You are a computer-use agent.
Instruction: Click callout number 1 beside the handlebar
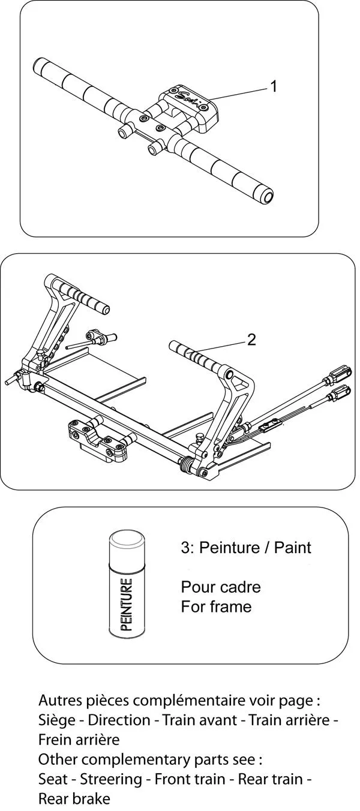(x=274, y=87)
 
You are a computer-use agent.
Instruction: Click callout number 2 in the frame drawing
(x=251, y=340)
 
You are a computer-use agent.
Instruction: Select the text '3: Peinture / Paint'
(x=246, y=548)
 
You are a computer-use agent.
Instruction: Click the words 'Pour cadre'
(x=221, y=587)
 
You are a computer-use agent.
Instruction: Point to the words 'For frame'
(x=216, y=606)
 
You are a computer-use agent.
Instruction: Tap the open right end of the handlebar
(x=266, y=196)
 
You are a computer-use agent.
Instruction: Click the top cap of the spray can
(x=127, y=539)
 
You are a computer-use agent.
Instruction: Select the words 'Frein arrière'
(x=79, y=739)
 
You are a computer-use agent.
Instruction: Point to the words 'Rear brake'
(x=74, y=799)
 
